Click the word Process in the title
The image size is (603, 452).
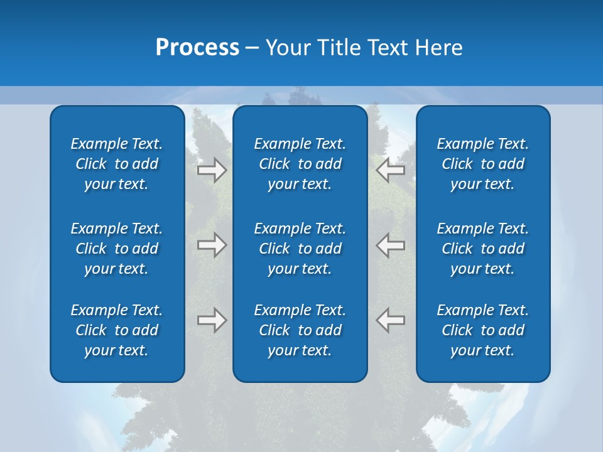[197, 48]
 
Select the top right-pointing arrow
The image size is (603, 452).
[212, 170]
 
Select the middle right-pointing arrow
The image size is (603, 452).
[212, 245]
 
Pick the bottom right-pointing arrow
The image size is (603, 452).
[212, 320]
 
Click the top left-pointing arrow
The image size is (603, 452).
[390, 169]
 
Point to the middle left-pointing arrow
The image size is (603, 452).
[390, 245]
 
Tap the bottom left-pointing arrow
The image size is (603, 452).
[390, 320]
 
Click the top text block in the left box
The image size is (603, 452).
[117, 164]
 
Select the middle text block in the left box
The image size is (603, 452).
[117, 249]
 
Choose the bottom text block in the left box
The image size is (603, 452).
[117, 330]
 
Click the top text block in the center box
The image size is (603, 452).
[300, 164]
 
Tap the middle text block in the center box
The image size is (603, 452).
[300, 249]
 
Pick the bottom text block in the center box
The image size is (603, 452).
[300, 330]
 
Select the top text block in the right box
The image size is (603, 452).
[482, 164]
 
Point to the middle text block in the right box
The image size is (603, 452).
[482, 249]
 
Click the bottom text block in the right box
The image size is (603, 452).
[482, 330]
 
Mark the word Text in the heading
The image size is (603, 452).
[388, 48]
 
